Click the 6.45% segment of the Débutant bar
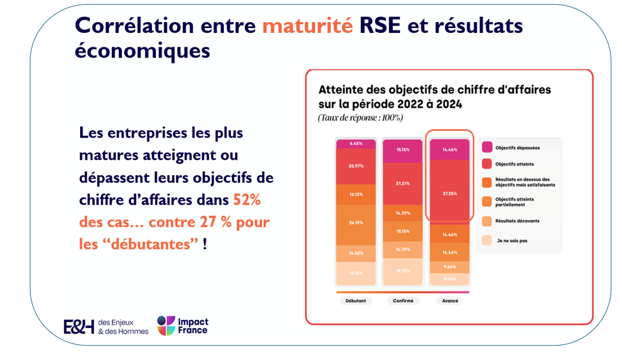click(x=356, y=144)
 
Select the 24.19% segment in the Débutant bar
click(x=356, y=223)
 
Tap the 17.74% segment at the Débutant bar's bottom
click(x=356, y=273)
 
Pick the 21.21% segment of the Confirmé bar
click(x=403, y=183)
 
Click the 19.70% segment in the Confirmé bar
click(x=403, y=271)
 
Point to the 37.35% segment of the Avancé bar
click(x=450, y=193)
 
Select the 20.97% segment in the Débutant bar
click(x=356, y=165)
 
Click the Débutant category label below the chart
click(x=356, y=301)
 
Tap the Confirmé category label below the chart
click(x=403, y=301)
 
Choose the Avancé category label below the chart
click(x=450, y=301)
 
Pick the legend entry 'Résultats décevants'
click(x=517, y=221)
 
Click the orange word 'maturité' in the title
click(x=307, y=26)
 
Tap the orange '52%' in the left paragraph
click(x=247, y=200)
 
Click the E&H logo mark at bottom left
click(x=79, y=327)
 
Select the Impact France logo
click(x=182, y=326)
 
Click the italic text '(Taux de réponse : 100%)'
click(x=361, y=118)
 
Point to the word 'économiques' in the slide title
click(x=142, y=51)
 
